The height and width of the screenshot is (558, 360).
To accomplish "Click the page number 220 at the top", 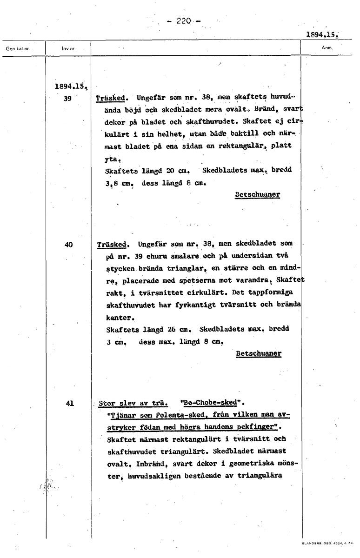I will click(x=185, y=21).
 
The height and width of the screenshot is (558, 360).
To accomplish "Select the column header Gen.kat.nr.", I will click(x=17, y=48).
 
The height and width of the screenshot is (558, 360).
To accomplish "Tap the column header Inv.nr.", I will click(x=68, y=48).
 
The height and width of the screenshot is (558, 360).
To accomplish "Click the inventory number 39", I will click(x=68, y=99).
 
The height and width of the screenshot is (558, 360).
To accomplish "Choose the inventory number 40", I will click(x=69, y=243).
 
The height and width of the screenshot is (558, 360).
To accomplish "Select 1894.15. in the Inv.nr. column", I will click(x=71, y=86).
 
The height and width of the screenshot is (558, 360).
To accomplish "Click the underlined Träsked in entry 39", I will click(x=111, y=99).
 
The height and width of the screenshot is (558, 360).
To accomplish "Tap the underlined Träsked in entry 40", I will click(x=113, y=244).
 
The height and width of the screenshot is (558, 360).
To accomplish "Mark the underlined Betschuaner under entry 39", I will click(x=257, y=194).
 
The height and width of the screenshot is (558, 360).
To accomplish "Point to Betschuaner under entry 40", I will click(x=259, y=353).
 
